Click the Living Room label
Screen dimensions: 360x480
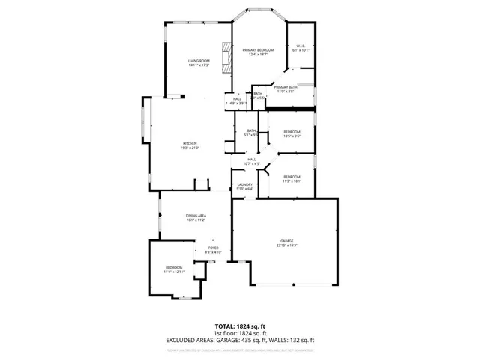[x=198, y=61]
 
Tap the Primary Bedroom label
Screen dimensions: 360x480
[x=258, y=50]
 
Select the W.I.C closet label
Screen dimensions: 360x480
[x=300, y=47]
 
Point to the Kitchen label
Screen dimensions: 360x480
[x=190, y=143]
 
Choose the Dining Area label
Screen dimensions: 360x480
[x=196, y=216]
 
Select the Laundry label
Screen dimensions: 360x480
[x=244, y=184]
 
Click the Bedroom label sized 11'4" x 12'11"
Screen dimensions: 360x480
[x=173, y=267]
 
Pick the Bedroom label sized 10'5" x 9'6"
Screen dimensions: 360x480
[x=292, y=132]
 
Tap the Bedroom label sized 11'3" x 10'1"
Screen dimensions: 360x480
[x=292, y=176]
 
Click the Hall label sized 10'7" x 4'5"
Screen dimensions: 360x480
[x=253, y=159]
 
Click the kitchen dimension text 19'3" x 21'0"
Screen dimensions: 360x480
[x=190, y=148]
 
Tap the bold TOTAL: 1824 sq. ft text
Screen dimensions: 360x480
[x=240, y=327]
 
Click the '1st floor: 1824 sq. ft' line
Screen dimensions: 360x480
[x=240, y=333]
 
